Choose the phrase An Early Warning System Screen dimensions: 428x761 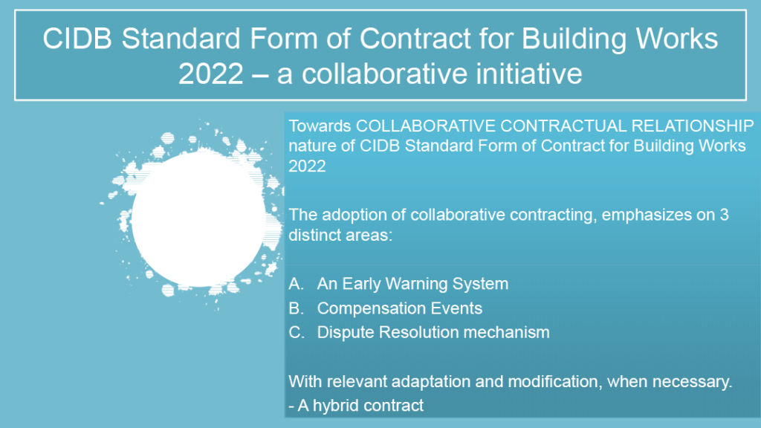tap(412, 284)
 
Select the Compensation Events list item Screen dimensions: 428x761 tap(400, 308)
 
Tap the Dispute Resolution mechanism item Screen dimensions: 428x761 tap(433, 332)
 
